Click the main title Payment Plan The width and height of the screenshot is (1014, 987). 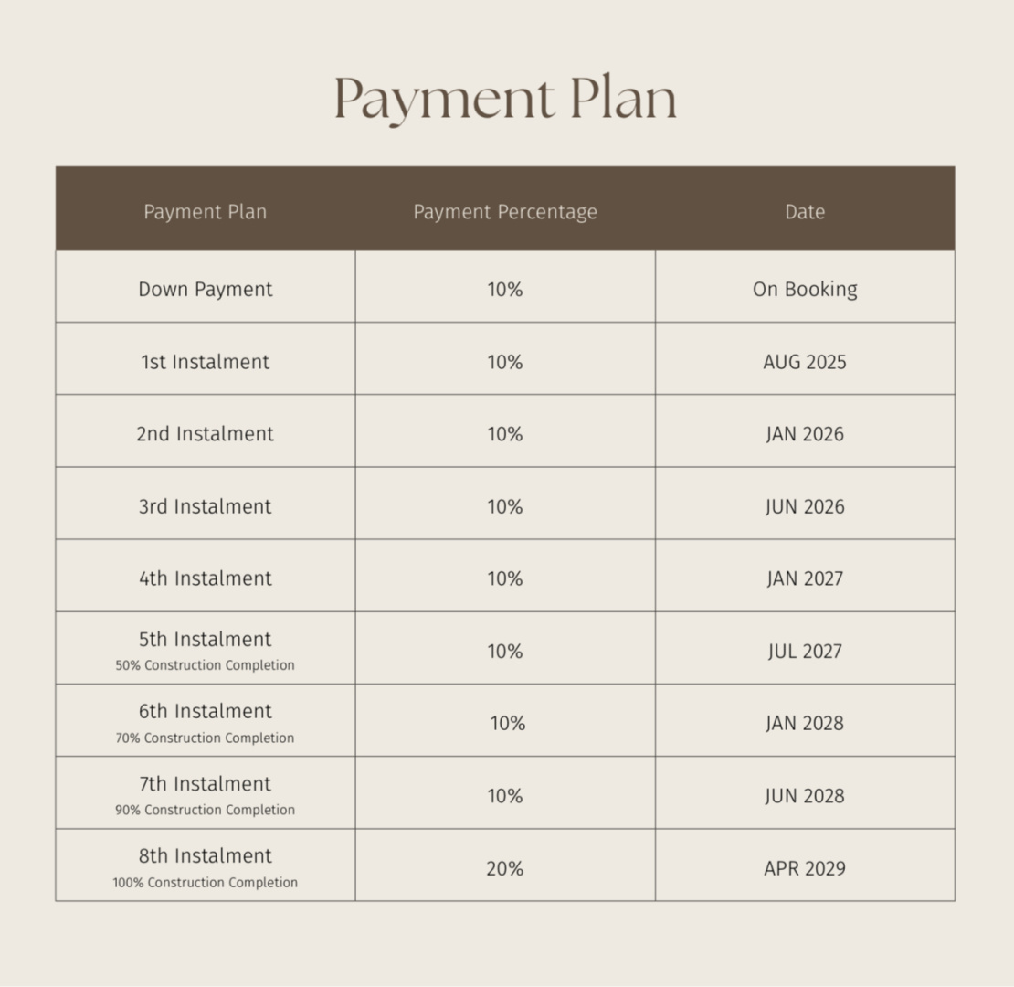(505, 99)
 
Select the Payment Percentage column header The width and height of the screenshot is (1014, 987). (505, 212)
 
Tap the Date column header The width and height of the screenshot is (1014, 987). (805, 212)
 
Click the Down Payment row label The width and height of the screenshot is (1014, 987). (206, 290)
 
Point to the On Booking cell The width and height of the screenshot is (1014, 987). (805, 290)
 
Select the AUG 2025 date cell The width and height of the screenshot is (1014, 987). (805, 362)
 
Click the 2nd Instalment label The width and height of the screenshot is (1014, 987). (206, 434)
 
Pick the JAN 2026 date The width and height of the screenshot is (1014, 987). (805, 434)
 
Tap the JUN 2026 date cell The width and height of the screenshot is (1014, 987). (805, 506)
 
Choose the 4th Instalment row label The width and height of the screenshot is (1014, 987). (206, 578)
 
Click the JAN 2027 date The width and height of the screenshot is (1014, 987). (805, 578)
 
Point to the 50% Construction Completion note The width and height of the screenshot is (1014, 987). (206, 666)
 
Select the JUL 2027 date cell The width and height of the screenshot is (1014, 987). (805, 652)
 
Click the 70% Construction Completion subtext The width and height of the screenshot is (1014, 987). (206, 738)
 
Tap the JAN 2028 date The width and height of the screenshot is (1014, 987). (805, 724)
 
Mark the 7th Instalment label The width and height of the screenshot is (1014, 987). (206, 784)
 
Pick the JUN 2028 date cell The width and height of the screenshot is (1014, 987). (805, 796)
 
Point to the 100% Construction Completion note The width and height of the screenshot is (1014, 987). (206, 883)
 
